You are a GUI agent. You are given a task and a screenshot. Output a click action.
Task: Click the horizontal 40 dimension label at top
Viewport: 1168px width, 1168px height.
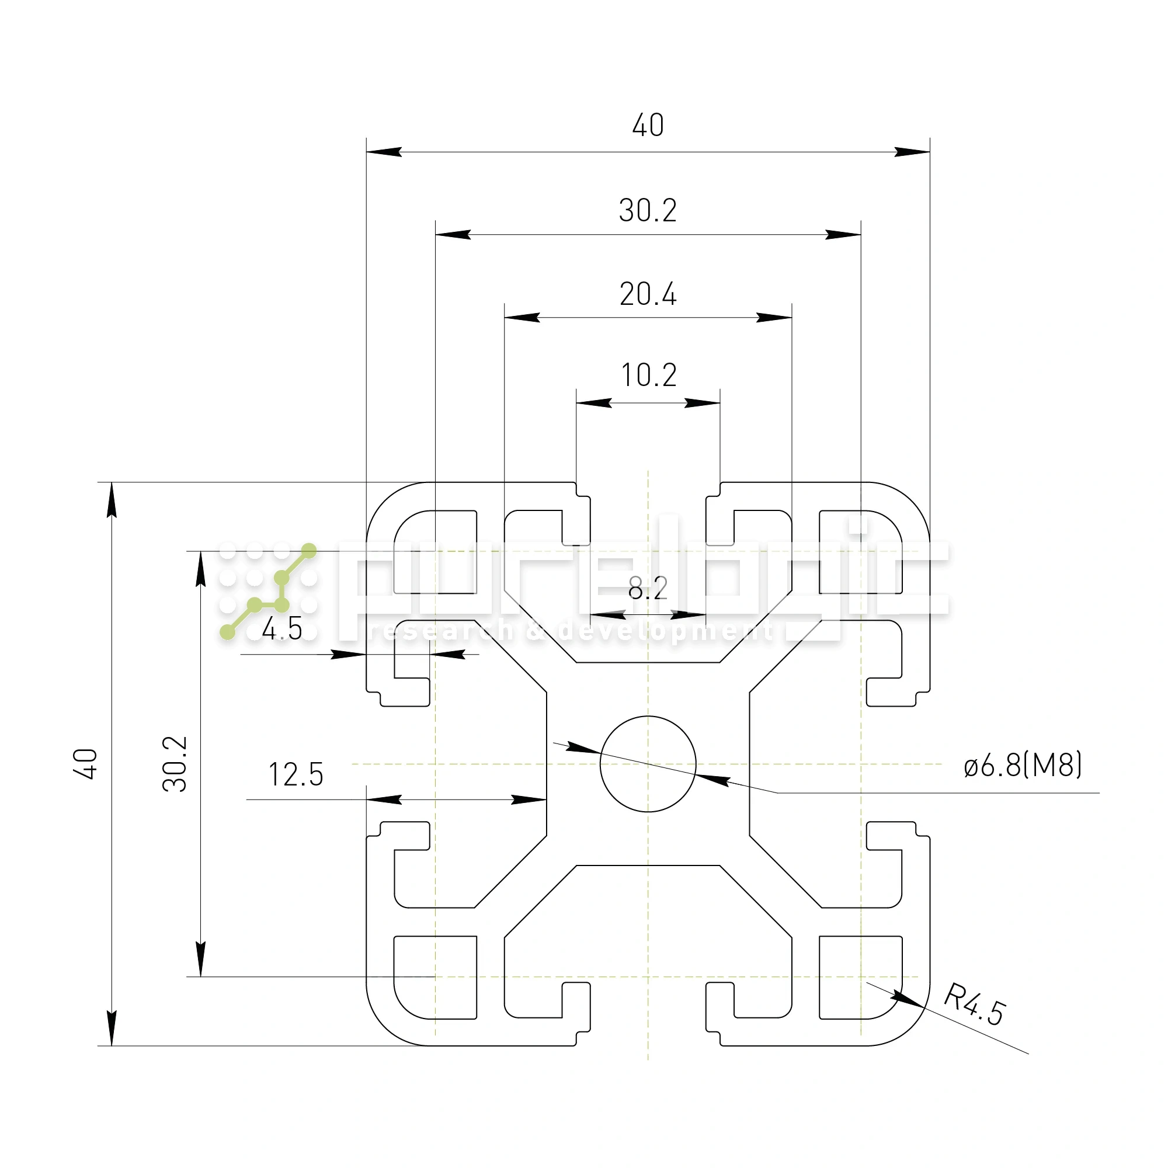[648, 125]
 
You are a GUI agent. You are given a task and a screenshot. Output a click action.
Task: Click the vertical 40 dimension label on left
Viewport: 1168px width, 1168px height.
[86, 763]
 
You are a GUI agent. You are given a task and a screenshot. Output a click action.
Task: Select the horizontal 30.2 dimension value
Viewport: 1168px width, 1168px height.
[648, 210]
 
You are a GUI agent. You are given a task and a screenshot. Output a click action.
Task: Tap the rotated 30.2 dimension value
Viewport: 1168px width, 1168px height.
[175, 763]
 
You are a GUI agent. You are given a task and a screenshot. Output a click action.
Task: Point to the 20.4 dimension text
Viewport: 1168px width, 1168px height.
[648, 294]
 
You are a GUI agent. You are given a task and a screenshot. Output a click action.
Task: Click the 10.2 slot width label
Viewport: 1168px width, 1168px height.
[649, 376]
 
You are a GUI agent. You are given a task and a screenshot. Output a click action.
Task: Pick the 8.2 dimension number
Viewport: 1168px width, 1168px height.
[648, 588]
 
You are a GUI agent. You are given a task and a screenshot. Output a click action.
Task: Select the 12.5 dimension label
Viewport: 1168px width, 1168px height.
[296, 774]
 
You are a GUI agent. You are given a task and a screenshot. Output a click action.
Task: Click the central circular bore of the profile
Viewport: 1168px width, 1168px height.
[648, 763]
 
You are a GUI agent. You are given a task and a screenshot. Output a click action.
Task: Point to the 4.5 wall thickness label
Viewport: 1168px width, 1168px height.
[281, 630]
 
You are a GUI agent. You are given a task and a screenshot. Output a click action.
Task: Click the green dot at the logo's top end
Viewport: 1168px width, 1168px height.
[309, 551]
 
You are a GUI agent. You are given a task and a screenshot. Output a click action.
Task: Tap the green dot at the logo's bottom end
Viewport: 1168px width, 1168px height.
[227, 632]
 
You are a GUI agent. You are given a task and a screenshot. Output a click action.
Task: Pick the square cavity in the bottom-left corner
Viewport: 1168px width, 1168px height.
[435, 977]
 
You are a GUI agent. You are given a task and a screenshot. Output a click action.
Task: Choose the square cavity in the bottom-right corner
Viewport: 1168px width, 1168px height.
[860, 977]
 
